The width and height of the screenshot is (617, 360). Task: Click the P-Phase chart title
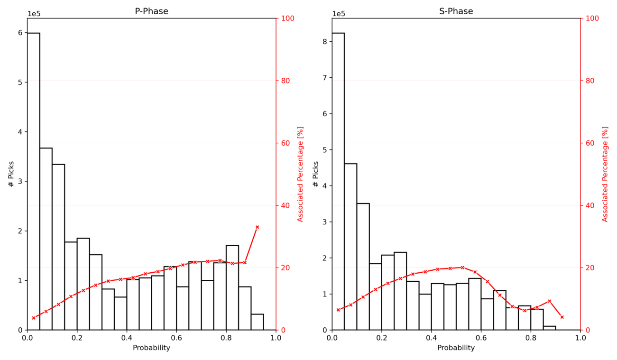coord(151,11)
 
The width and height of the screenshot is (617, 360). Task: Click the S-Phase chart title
coord(456,11)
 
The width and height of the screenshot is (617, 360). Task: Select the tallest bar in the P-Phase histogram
coord(34,181)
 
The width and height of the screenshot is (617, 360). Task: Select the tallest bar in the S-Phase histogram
coord(338,181)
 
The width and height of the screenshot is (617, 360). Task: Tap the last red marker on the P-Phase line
coord(257,227)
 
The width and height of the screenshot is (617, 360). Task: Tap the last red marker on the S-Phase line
coord(562,317)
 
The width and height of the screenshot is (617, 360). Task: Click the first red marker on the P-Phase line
coord(34,318)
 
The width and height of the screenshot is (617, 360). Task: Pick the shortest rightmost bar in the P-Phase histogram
coord(257,322)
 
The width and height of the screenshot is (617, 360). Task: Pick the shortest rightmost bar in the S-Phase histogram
coord(550,328)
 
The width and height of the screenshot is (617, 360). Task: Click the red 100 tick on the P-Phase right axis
coord(287,18)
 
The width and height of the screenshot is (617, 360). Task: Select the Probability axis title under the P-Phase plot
coord(151,348)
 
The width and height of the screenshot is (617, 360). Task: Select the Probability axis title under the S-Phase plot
coord(456,348)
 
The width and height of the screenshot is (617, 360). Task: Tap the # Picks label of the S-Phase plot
coord(315,174)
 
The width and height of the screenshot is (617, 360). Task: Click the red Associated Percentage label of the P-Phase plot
coord(300,174)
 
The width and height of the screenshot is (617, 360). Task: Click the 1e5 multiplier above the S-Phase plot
coord(339,14)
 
